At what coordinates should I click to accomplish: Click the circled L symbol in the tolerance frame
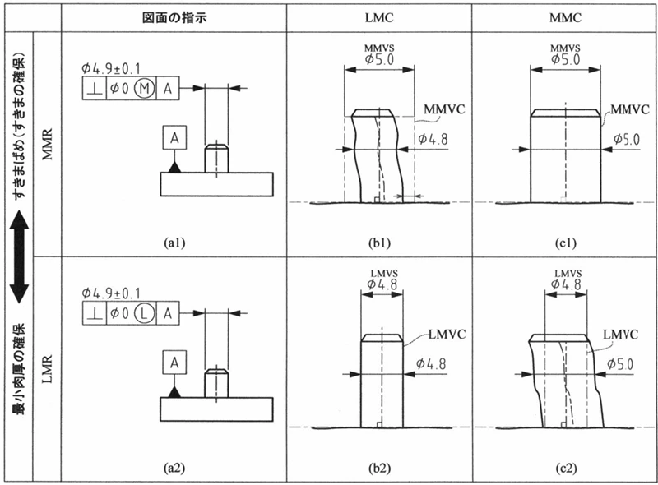[142, 312]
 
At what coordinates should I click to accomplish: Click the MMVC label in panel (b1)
[443, 109]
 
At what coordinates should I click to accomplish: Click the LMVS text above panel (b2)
[381, 272]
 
